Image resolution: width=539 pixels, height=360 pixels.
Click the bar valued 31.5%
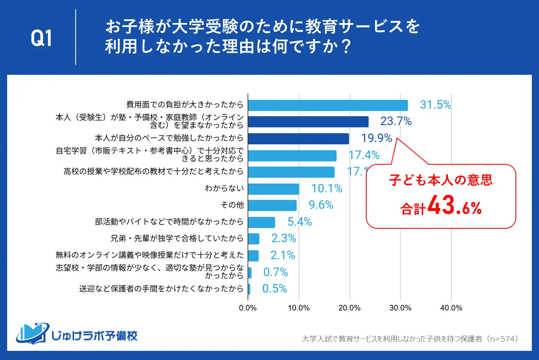328,105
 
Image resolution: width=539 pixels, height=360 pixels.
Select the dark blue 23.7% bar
308,122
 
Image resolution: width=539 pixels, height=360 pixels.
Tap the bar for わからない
273,189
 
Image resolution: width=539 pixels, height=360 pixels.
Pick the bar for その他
272,205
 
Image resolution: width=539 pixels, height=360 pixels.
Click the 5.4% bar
262,222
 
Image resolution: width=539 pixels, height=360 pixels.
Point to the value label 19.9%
377,138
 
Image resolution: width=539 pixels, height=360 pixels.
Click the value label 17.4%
364,155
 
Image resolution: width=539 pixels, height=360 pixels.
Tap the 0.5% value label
275,288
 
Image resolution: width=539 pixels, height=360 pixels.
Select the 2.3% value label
284,238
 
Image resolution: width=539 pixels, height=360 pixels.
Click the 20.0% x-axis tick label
350,308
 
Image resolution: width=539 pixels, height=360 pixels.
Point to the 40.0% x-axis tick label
451,308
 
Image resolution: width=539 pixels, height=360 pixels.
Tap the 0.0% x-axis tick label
248,308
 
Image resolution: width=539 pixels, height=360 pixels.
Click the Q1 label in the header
41,38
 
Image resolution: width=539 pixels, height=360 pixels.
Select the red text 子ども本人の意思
441,180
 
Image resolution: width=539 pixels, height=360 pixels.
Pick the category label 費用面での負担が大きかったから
185,104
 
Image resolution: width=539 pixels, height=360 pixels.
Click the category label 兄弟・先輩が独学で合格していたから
177,238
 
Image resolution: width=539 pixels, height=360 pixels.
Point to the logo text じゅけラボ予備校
94,336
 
